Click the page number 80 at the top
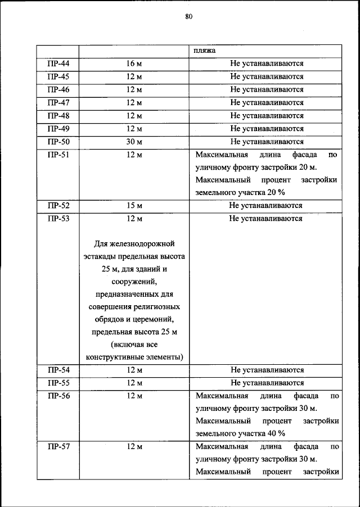click(188, 17)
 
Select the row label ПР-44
click(58, 64)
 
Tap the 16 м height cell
click(134, 64)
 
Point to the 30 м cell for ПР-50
click(134, 142)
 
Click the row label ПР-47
click(58, 102)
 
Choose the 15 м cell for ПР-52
click(134, 206)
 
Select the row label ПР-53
click(58, 219)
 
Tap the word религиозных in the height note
click(159, 307)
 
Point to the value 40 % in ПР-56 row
click(275, 433)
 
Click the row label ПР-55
click(58, 383)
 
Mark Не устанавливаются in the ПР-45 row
click(267, 76)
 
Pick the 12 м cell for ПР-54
click(134, 370)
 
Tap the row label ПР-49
click(58, 129)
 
